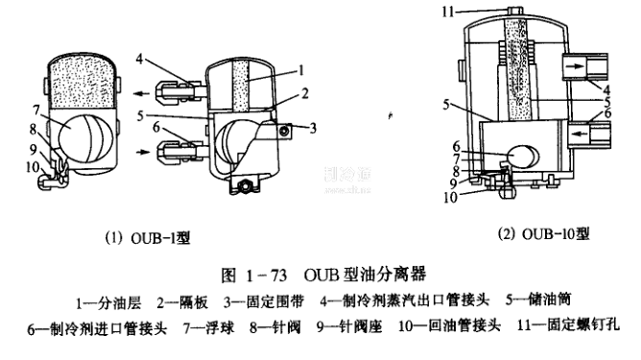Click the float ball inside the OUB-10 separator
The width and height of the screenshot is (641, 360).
coord(524,157)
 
